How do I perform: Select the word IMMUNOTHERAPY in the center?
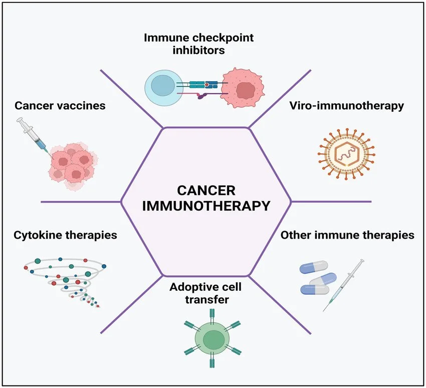coord(206,206)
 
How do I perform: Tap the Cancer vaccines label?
coord(60,106)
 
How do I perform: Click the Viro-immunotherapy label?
coord(346,106)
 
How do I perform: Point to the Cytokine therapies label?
coord(66,235)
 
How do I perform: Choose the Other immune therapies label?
coord(347,235)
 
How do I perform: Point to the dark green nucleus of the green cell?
coord(213,339)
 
